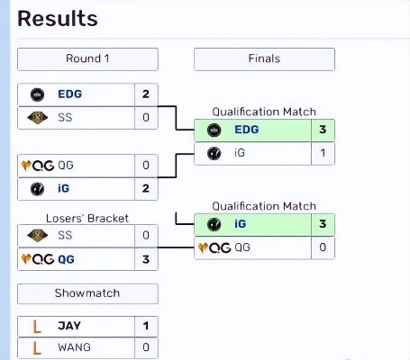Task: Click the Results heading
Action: click(58, 18)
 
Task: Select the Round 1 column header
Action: click(87, 59)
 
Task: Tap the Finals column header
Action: click(264, 59)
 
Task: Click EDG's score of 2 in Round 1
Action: click(146, 94)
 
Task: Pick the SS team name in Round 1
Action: click(66, 117)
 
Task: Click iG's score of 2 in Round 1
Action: click(146, 189)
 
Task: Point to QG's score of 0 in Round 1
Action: click(146, 166)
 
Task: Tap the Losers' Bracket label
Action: click(87, 218)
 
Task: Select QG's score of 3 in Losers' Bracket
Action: click(146, 259)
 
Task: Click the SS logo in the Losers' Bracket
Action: click(38, 236)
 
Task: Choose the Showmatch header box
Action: click(87, 293)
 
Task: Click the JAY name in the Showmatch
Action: click(69, 326)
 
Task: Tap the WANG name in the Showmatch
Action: click(75, 347)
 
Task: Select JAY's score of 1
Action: click(146, 326)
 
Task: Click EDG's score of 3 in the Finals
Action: click(323, 130)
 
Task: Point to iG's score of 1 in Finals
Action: click(323, 154)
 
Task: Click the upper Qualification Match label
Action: click(264, 112)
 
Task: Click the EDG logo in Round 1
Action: click(38, 94)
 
